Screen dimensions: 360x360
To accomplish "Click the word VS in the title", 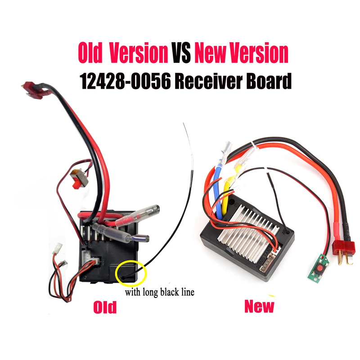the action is (181, 54).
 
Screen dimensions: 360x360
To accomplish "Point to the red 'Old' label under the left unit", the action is (104, 307).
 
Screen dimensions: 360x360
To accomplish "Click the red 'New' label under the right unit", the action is (259, 306).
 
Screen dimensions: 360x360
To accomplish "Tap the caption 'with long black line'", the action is (160, 292).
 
